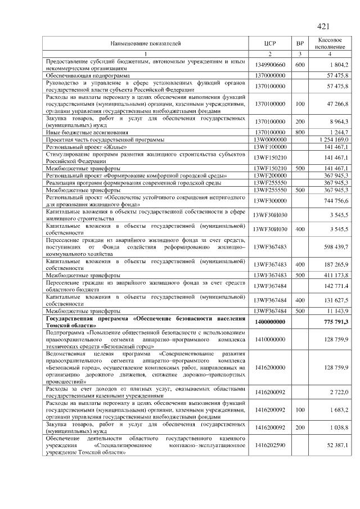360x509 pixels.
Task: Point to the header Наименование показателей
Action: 145,43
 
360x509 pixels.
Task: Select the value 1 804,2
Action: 339,65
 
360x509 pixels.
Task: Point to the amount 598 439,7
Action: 336,247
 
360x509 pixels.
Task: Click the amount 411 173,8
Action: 336,275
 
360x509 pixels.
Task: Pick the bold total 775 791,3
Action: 336,321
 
